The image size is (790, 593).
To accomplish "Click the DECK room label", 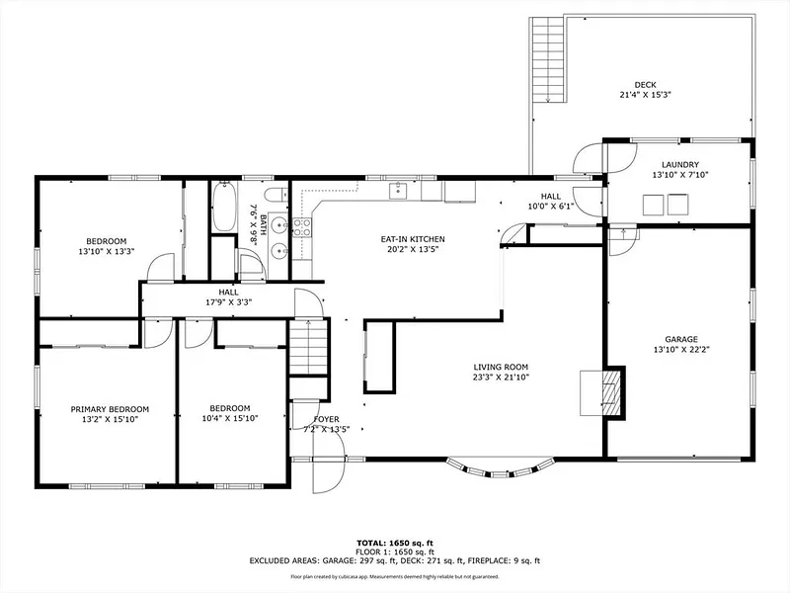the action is tap(645, 85).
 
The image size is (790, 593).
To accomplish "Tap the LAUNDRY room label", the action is tap(680, 164).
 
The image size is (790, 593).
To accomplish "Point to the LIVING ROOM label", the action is tap(501, 367).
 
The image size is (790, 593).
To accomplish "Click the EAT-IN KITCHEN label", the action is tap(413, 239).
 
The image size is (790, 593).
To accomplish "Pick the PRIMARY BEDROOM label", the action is tap(110, 409).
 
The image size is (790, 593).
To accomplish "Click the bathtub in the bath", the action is tap(224, 207).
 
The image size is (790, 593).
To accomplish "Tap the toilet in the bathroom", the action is tap(276, 194).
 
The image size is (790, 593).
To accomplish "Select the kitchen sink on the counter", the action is tap(398, 191).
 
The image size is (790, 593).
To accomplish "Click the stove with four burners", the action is tap(302, 227).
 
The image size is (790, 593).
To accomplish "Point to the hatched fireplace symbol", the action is tap(610, 393).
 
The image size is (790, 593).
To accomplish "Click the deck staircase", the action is tap(547, 59).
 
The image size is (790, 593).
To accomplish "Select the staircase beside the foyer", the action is tap(308, 347).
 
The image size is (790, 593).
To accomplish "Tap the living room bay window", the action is tap(500, 467).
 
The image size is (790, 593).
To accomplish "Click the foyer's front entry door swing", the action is tap(329, 462).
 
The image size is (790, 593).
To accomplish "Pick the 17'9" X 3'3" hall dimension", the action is tap(228, 302).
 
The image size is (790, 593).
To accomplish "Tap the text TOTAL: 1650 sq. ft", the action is tap(395, 543).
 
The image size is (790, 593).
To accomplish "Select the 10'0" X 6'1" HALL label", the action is tap(551, 201).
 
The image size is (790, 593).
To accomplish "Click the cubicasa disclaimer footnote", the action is tap(394, 576).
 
